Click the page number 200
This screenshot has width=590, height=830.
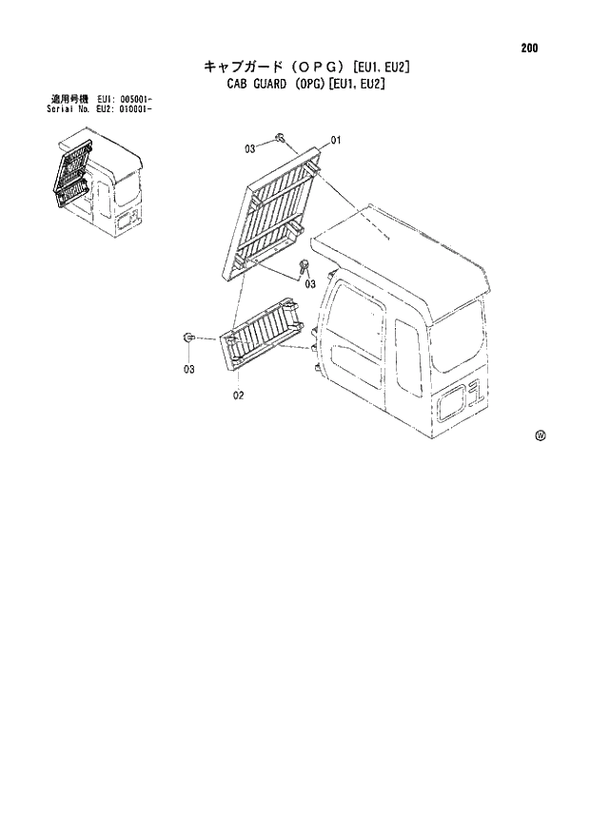(530, 48)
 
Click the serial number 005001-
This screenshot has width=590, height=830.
(131, 99)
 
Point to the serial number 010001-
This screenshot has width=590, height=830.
(131, 108)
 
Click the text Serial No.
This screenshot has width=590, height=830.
(68, 108)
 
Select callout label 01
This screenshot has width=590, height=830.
(337, 141)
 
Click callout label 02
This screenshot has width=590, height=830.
(240, 396)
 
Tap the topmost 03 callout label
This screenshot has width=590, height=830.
(249, 148)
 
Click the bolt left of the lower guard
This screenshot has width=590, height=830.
(189, 337)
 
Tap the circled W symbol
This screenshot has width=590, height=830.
(540, 436)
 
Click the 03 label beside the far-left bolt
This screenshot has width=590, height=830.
(189, 369)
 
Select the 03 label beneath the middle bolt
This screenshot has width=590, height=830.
(310, 283)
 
